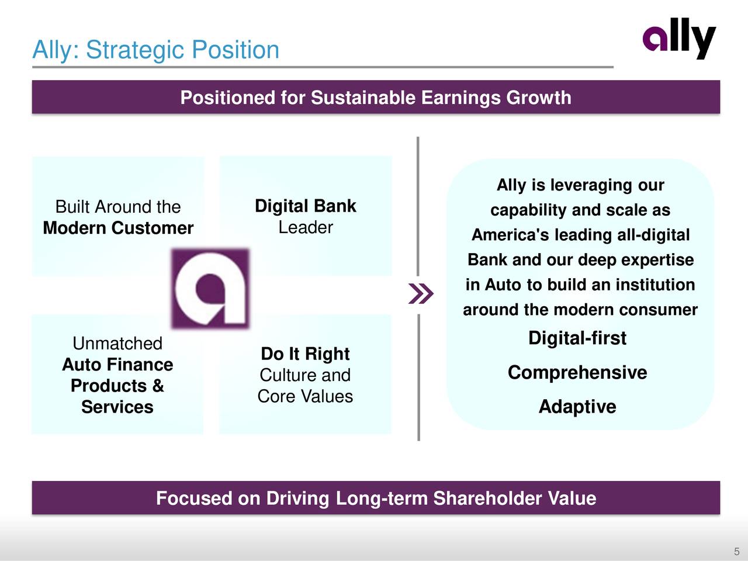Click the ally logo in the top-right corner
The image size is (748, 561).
pyautogui.click(x=679, y=39)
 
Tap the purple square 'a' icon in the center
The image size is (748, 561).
pyautogui.click(x=210, y=289)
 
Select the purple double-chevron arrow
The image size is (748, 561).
pyautogui.click(x=421, y=293)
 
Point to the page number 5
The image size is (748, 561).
pyautogui.click(x=737, y=552)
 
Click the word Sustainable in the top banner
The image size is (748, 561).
pyautogui.click(x=363, y=98)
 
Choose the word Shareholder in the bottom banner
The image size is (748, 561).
pyautogui.click(x=487, y=498)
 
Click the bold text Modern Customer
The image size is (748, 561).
pyautogui.click(x=118, y=228)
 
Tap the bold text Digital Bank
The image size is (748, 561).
pyautogui.click(x=305, y=206)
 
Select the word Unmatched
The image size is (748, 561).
pyautogui.click(x=117, y=343)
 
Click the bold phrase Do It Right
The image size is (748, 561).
pyautogui.click(x=305, y=354)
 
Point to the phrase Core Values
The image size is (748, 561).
pyautogui.click(x=305, y=396)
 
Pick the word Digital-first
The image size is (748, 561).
pyautogui.click(x=577, y=338)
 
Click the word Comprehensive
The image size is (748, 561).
pyautogui.click(x=577, y=372)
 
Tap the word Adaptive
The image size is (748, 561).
pyautogui.click(x=577, y=407)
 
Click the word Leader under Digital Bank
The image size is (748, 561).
pyautogui.click(x=306, y=227)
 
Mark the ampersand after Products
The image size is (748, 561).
pyautogui.click(x=158, y=386)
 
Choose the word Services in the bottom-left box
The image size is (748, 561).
pyautogui.click(x=117, y=407)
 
